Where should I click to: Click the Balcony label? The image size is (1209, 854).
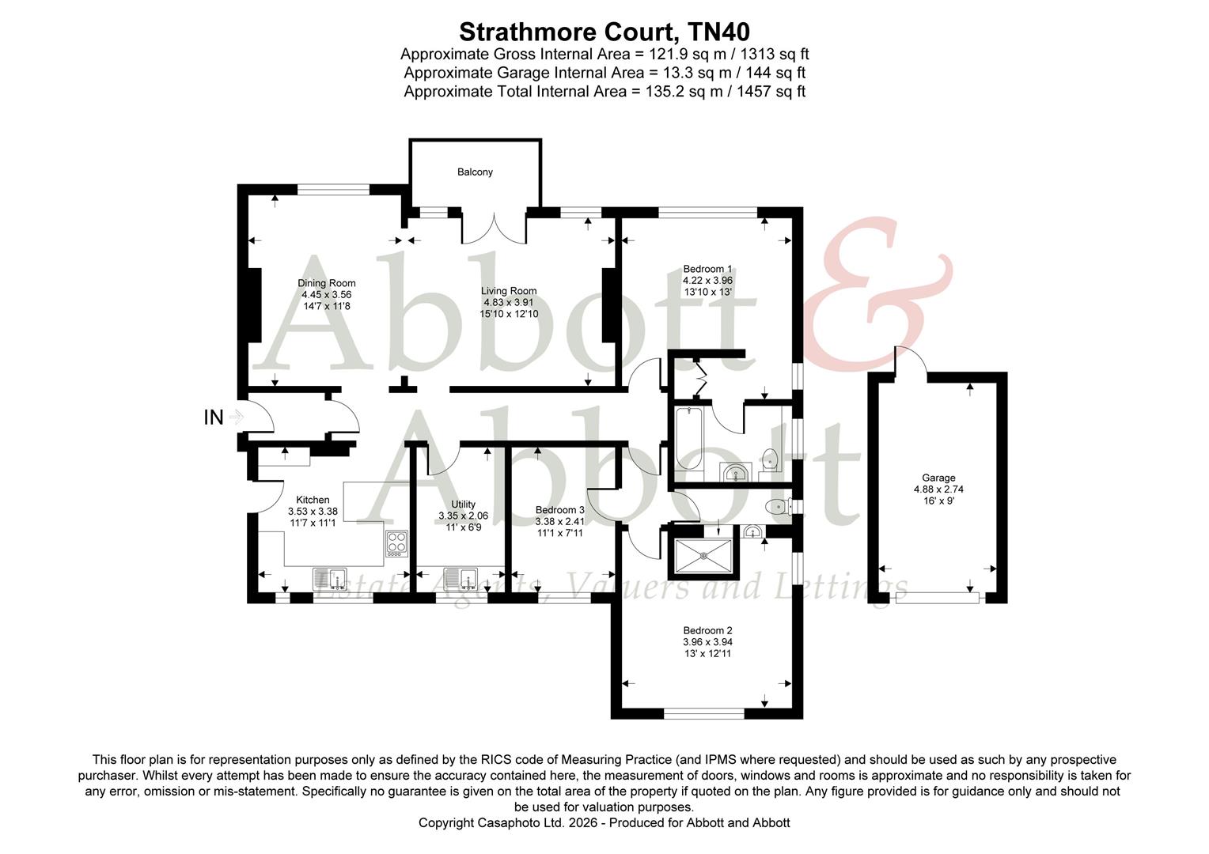475,172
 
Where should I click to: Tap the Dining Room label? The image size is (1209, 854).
326,283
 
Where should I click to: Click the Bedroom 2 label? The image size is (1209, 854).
707,630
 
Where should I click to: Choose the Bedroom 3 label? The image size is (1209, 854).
559,510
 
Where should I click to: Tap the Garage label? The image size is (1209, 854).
938,478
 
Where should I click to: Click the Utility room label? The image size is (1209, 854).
463,504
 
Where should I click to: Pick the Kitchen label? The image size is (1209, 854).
313,500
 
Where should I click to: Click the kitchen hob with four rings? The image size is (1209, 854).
396,544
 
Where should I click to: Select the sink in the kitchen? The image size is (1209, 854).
331,580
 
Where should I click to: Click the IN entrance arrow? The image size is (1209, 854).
235,417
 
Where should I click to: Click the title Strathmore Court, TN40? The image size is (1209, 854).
604,32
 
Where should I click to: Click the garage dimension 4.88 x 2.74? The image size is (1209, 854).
938,489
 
